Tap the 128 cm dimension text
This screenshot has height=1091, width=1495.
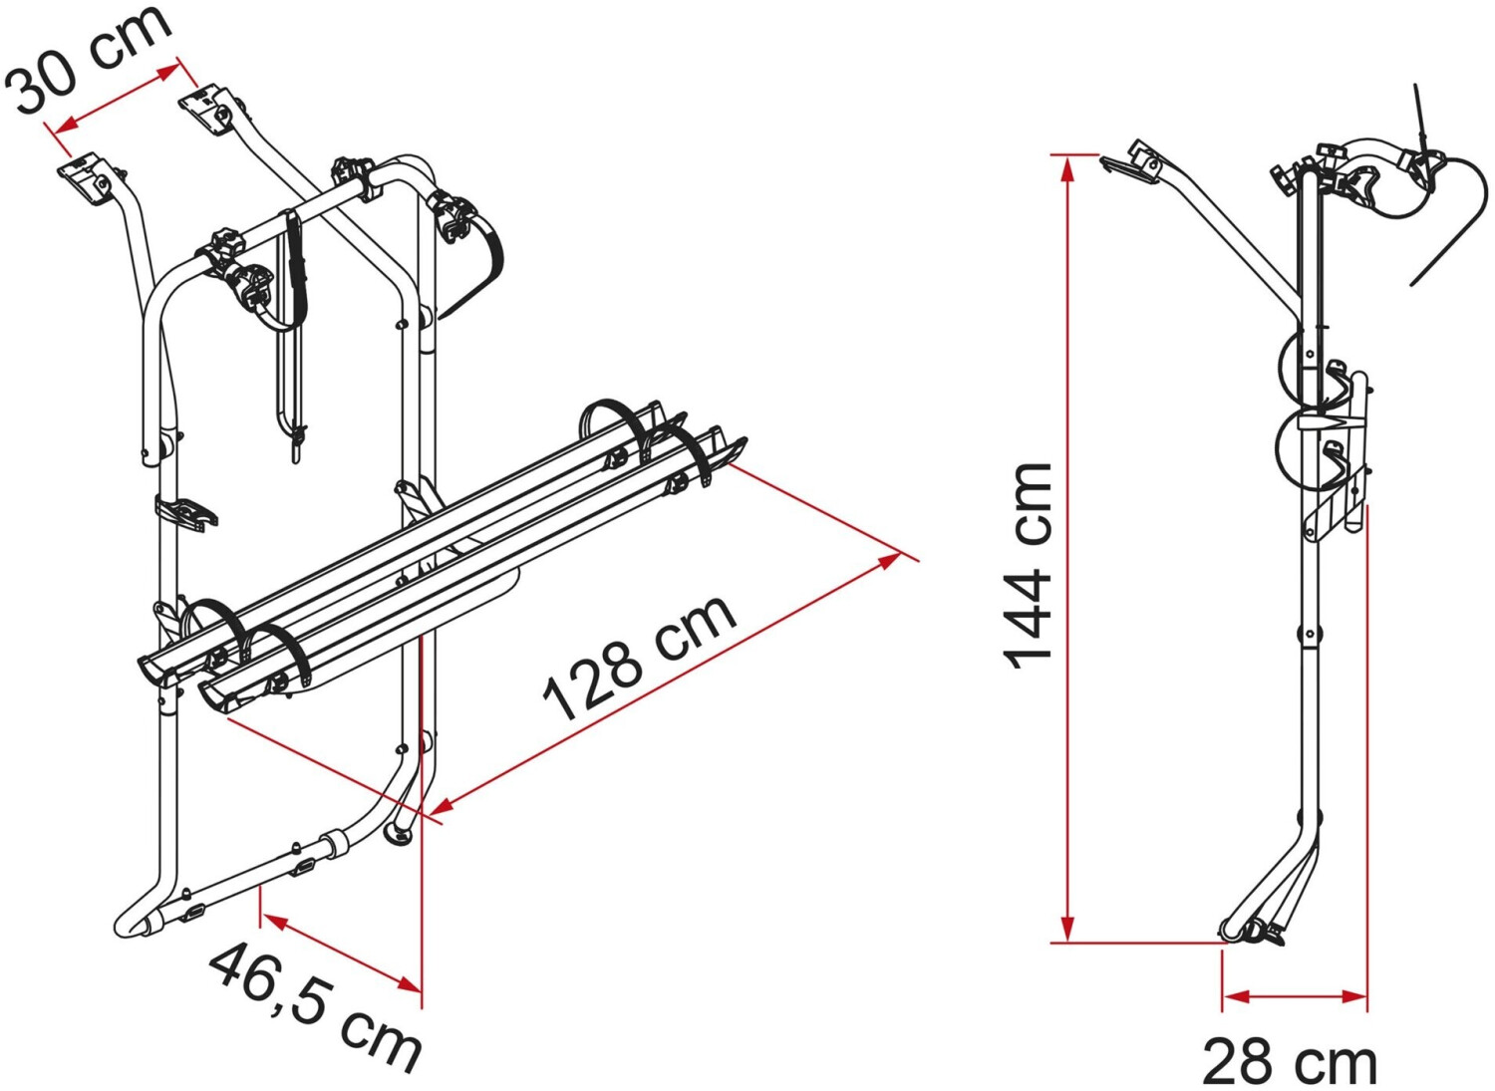point(641,659)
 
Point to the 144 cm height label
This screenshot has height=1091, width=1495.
point(1027,567)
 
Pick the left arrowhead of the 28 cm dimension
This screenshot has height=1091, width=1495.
point(1236,1015)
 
